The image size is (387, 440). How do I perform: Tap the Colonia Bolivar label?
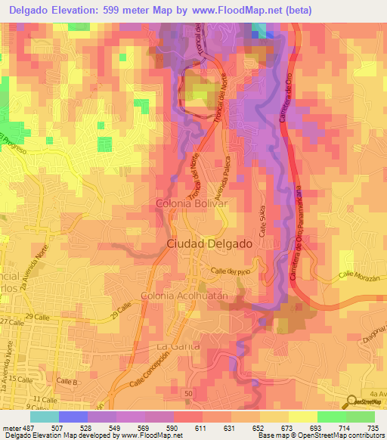click(191, 204)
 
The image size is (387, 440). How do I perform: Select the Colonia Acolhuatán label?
click(184, 296)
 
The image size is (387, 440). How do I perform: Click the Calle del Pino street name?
click(230, 271)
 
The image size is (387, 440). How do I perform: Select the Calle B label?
click(68, 382)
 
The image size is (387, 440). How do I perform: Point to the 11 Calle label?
click(45, 398)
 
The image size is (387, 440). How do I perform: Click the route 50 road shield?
click(187, 393)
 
